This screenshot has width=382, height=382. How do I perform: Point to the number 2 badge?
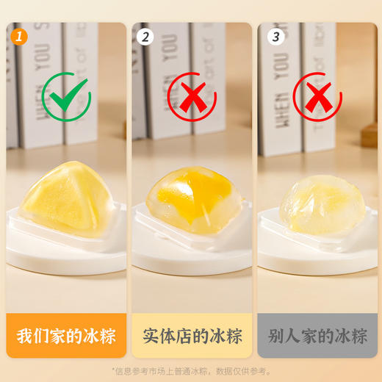145,35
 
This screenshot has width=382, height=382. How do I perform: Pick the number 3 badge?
275,35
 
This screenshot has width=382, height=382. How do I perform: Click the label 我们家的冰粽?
65,336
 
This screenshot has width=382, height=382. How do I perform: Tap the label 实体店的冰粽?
190,336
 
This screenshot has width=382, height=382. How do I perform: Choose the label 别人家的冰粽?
316,336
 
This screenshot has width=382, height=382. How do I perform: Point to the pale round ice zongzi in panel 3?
317,202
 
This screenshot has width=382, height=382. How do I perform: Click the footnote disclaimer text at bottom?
190,371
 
